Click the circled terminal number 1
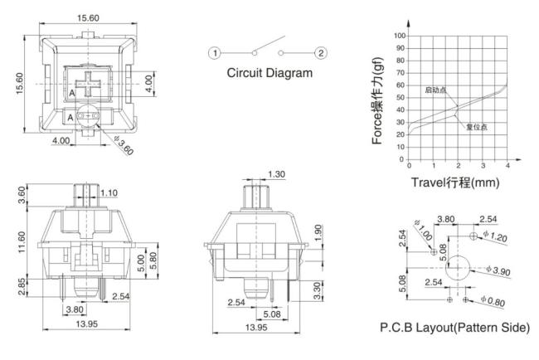(215, 53)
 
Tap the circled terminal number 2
(321, 53)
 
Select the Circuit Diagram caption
(269, 73)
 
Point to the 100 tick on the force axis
(400, 36)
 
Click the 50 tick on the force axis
(401, 98)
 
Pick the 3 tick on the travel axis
(483, 166)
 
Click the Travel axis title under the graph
(455, 182)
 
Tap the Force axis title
(377, 100)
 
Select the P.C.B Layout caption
(454, 328)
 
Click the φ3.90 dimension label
(498, 270)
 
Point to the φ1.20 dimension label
(495, 236)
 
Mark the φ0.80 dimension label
(493, 301)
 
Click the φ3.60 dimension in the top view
(124, 145)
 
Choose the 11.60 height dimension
(22, 242)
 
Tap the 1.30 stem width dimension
(276, 174)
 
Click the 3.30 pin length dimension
(318, 290)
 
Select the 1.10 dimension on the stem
(109, 193)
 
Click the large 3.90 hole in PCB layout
(458, 268)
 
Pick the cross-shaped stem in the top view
(89, 85)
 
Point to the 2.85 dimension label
(22, 287)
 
